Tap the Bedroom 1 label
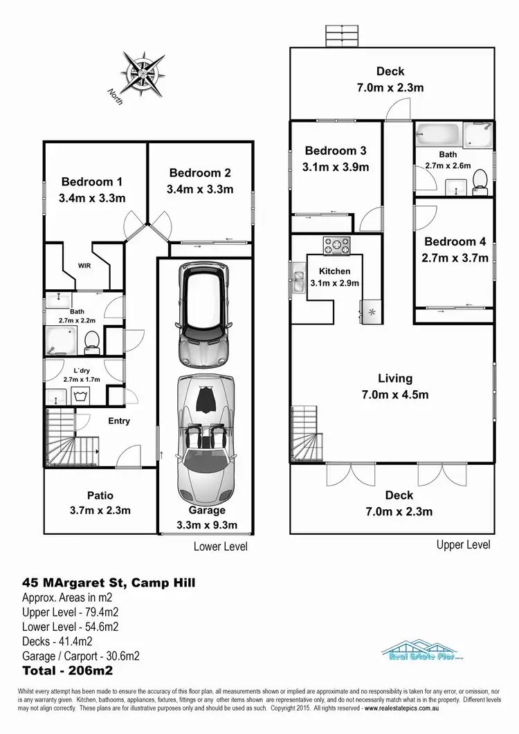pyautogui.click(x=92, y=182)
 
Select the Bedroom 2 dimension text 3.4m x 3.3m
pyautogui.click(x=199, y=189)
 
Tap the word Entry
pyautogui.click(x=118, y=421)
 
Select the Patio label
pyautogui.click(x=100, y=495)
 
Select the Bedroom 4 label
pyautogui.click(x=455, y=241)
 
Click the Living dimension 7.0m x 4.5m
pyautogui.click(x=395, y=395)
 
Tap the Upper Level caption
pyautogui.click(x=463, y=544)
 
